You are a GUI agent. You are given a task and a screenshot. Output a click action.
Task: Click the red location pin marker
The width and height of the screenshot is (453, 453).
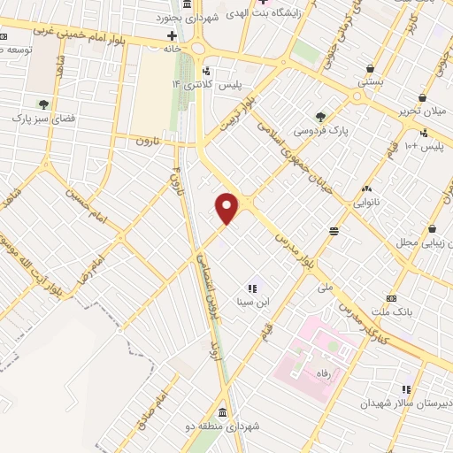click(228, 208)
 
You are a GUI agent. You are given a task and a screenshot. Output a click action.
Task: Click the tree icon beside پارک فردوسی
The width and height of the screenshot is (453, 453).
click(320, 116)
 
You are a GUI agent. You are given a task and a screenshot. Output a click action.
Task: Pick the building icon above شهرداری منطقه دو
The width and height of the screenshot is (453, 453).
click(220, 412)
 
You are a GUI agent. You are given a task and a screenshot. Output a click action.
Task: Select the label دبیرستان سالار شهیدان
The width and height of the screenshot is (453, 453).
click(398, 403)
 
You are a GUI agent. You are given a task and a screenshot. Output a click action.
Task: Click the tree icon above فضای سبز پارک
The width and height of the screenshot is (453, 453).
click(42, 104)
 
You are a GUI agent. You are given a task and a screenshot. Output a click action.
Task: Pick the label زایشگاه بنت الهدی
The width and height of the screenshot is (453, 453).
click(262, 12)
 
